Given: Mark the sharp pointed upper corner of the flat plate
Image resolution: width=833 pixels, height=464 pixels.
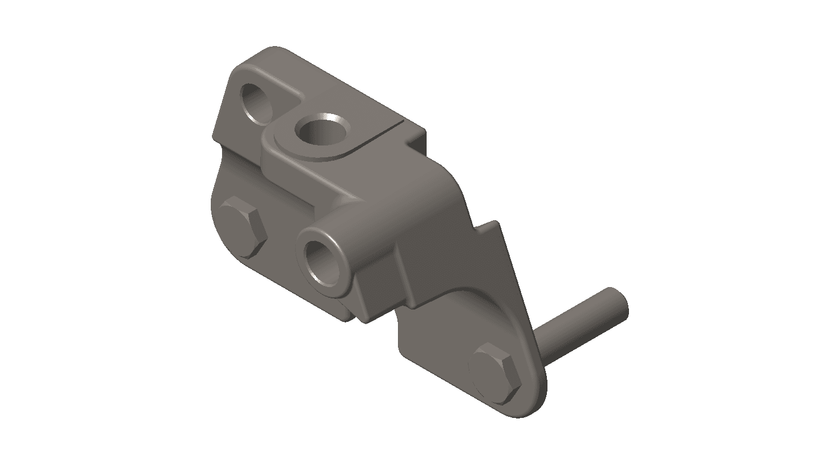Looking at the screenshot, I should click(496, 223).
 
